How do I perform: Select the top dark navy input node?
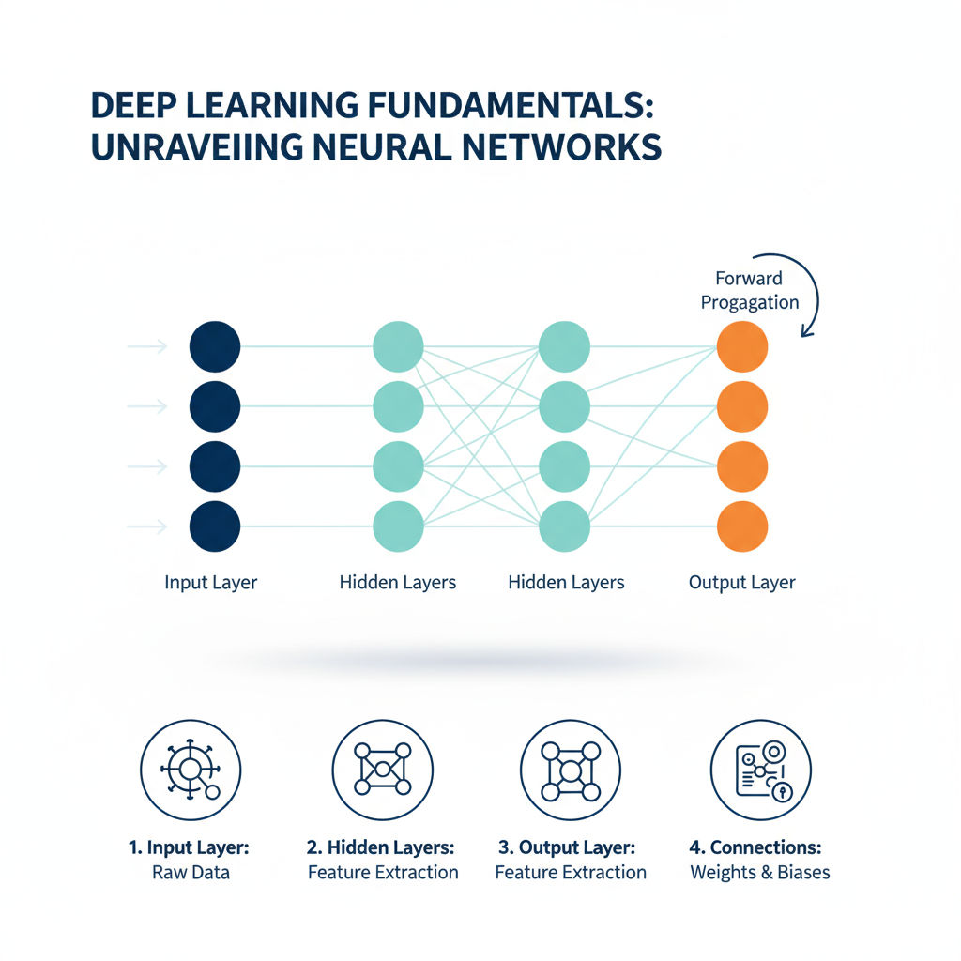[x=215, y=346]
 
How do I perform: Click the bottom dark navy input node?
[x=215, y=526]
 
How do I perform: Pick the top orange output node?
[x=742, y=346]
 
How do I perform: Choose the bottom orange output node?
[x=742, y=526]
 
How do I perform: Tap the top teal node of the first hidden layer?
[x=398, y=346]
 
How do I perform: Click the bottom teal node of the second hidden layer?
[x=564, y=526]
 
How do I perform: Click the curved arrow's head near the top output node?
[x=804, y=330]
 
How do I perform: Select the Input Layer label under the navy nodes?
[x=210, y=583]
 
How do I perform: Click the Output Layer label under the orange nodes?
[x=741, y=583]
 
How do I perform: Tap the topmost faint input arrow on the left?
[x=147, y=347]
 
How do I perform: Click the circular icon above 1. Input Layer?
[x=191, y=771]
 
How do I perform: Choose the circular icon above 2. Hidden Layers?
[x=383, y=771]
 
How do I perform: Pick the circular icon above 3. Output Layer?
[x=570, y=771]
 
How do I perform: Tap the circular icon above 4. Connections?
[x=760, y=771]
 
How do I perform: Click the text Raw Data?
[x=191, y=873]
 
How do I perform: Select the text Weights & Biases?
[x=760, y=873]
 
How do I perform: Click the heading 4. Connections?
[x=755, y=847]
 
